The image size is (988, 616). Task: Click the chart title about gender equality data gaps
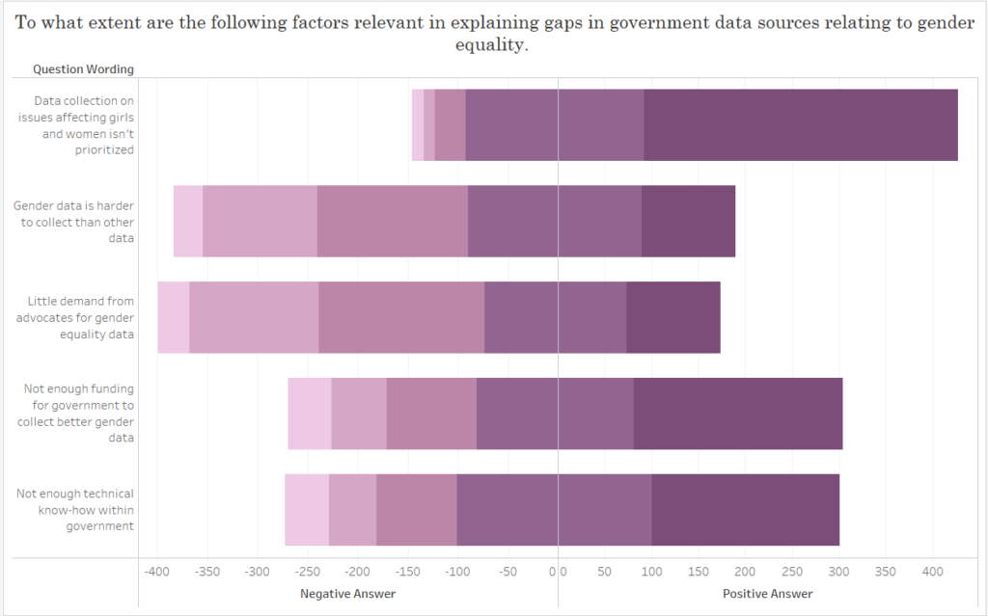click(x=494, y=34)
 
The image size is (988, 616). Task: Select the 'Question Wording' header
click(x=83, y=68)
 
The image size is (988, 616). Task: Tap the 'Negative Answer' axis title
click(x=347, y=594)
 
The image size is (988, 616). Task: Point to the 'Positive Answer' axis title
click(x=767, y=594)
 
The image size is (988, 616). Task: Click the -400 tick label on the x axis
click(x=156, y=572)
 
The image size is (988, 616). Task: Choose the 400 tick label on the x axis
click(x=932, y=572)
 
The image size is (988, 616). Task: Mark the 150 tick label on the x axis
click(x=699, y=572)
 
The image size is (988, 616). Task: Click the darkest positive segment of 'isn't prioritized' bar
click(x=801, y=124)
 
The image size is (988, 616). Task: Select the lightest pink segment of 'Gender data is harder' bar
click(x=188, y=221)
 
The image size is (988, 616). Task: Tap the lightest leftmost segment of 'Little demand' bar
click(x=174, y=317)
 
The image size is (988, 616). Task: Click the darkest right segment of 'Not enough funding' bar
click(x=738, y=414)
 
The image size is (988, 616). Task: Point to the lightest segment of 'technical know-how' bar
click(x=307, y=510)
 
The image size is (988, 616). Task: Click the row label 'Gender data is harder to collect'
click(x=73, y=221)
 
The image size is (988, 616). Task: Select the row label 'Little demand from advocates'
click(x=80, y=317)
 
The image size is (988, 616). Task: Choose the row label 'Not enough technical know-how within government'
click(x=74, y=510)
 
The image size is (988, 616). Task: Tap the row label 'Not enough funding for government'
click(x=78, y=414)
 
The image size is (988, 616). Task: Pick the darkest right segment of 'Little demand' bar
click(x=673, y=317)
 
